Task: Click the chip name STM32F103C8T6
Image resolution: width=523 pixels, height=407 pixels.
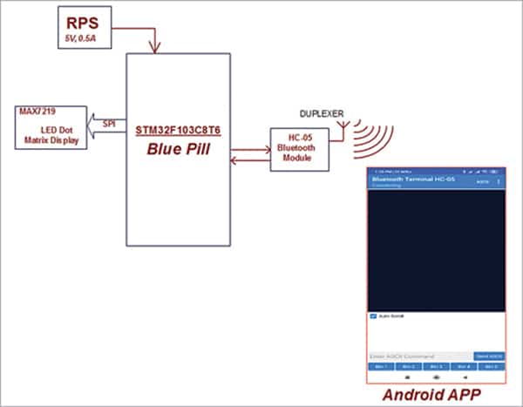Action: click(178, 131)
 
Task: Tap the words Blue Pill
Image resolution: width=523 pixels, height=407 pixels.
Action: click(178, 148)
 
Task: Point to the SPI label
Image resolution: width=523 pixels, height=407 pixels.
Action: click(109, 122)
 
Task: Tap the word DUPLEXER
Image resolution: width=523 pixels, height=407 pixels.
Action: click(322, 114)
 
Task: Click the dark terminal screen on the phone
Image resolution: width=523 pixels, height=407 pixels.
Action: click(436, 248)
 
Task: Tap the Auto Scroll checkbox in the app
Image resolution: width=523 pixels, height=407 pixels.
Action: click(373, 315)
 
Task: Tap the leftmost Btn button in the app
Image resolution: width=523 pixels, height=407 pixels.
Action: click(380, 367)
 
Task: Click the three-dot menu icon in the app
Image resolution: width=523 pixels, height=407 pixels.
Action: click(499, 181)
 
